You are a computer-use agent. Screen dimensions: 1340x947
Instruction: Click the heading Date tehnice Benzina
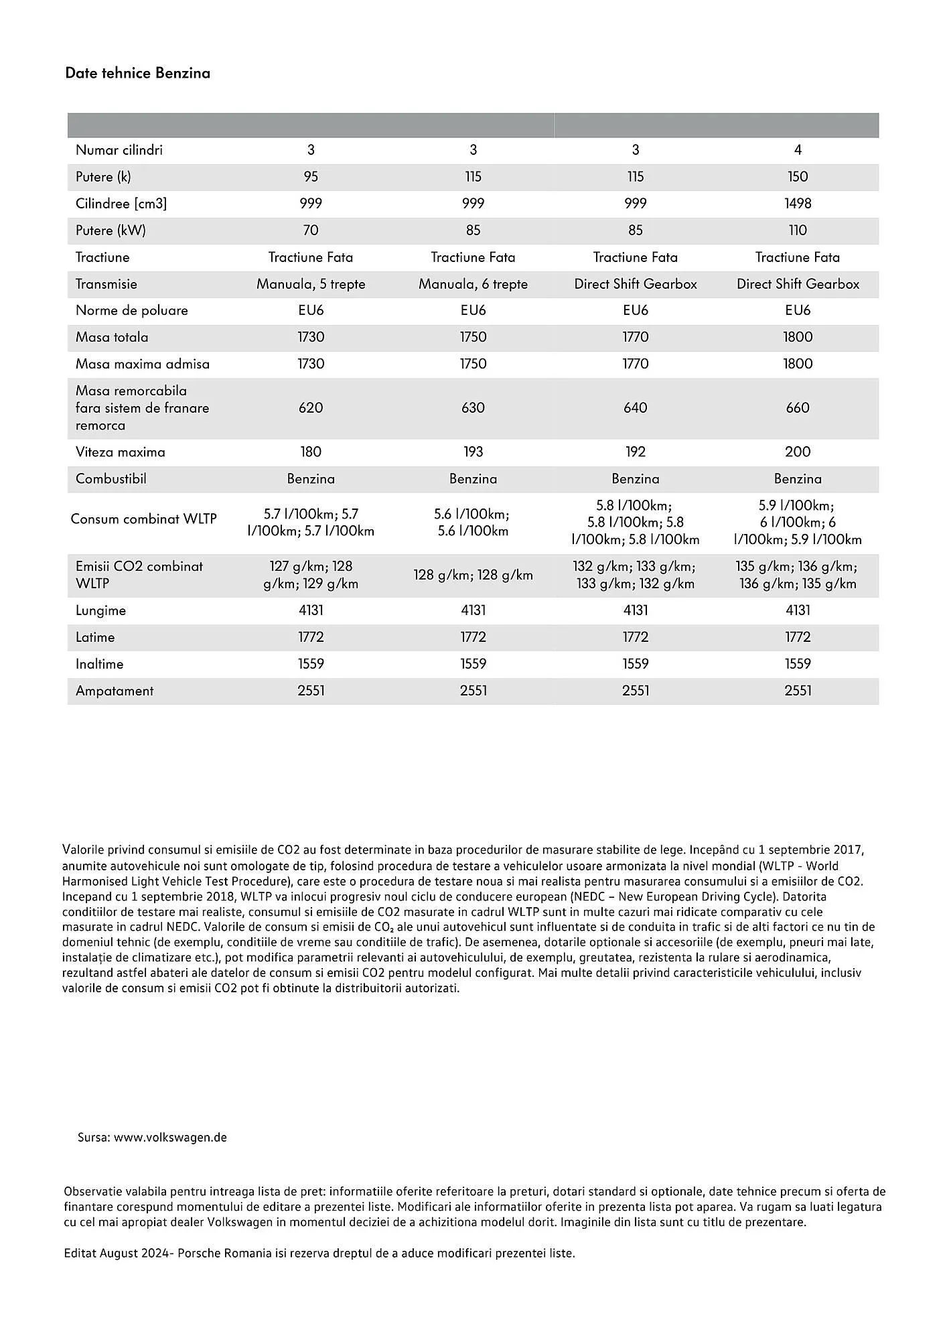point(137,73)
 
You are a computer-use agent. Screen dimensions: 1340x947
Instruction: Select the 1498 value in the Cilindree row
point(797,204)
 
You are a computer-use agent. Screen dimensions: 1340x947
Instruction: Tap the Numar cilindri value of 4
point(797,150)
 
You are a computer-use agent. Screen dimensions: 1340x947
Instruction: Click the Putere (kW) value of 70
point(311,230)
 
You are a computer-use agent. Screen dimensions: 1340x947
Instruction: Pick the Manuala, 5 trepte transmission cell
point(311,284)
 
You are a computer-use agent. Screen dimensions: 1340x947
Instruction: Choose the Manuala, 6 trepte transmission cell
point(473,284)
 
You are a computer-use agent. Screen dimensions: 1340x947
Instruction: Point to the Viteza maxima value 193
point(473,452)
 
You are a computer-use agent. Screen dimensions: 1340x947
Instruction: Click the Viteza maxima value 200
point(797,452)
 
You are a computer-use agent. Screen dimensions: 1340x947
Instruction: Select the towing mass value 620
point(311,408)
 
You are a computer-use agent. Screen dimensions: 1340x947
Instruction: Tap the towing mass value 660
point(797,408)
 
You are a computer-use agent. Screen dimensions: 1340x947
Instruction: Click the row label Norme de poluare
point(132,311)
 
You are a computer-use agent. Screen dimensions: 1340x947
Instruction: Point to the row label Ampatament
point(115,691)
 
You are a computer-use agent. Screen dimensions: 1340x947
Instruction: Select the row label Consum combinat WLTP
point(143,519)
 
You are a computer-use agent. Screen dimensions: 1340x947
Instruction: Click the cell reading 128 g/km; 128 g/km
point(473,575)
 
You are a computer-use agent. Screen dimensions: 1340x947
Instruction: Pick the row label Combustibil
point(111,479)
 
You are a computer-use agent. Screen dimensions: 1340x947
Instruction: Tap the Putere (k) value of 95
point(311,177)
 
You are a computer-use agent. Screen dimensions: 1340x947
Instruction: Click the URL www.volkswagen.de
point(170,1138)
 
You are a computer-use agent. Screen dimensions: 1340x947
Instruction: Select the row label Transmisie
point(106,284)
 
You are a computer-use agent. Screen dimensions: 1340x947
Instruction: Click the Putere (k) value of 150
point(797,177)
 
